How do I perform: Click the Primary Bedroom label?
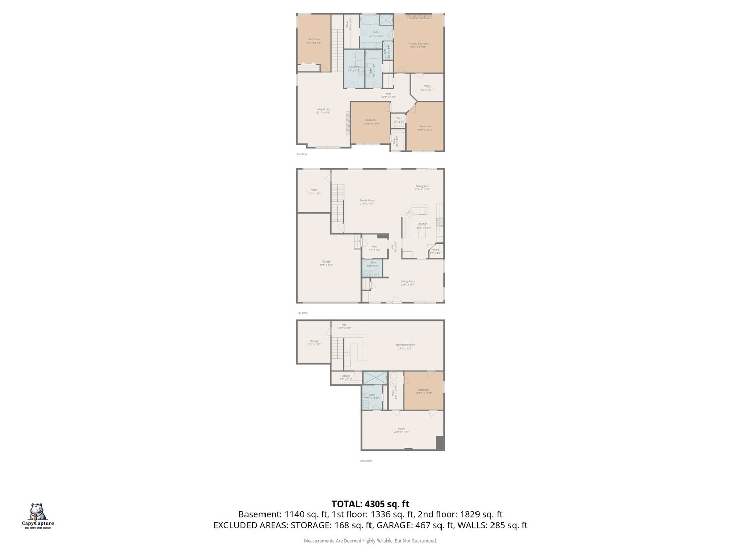point(418,45)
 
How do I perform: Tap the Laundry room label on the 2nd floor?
point(354,68)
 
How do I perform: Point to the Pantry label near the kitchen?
point(435,251)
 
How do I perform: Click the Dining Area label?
point(422,188)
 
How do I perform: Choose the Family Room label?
point(366,202)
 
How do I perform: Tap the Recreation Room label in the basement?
point(404,346)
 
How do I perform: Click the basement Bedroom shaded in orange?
point(424,391)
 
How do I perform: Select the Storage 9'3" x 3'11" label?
point(346,377)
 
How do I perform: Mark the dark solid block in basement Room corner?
point(439,443)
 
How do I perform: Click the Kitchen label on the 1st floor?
point(422,225)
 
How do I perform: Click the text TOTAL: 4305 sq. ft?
point(370,504)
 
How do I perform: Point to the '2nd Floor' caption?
point(302,154)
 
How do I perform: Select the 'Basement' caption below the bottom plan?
point(366,461)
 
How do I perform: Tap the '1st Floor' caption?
point(302,313)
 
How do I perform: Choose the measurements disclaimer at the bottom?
point(370,541)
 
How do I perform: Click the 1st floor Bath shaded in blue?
point(372,268)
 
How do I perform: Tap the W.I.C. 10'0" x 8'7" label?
point(427,88)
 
